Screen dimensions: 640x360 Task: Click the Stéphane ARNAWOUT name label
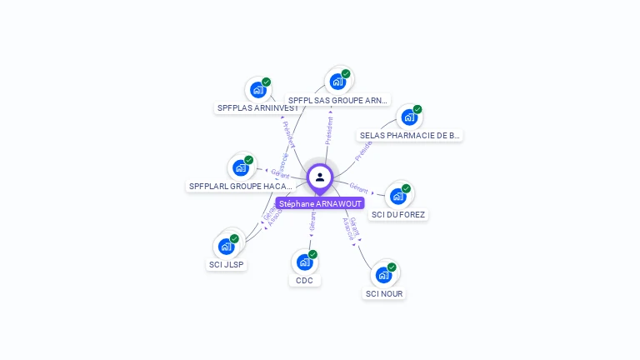pyautogui.click(x=320, y=203)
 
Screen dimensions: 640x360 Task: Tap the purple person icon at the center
pyautogui.click(x=320, y=177)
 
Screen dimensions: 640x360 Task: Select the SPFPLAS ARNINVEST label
pyautogui.click(x=257, y=108)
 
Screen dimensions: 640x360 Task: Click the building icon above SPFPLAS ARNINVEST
pyautogui.click(x=257, y=89)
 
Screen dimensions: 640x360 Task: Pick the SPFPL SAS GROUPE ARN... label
pyautogui.click(x=337, y=100)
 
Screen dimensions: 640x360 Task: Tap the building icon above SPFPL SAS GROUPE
pyautogui.click(x=337, y=81)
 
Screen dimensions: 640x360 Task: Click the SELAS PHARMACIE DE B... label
pyautogui.click(x=409, y=135)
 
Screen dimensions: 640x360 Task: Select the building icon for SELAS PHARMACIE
pyautogui.click(x=409, y=117)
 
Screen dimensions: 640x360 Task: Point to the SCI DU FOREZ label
pyautogui.click(x=398, y=214)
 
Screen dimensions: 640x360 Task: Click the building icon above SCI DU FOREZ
pyautogui.click(x=398, y=196)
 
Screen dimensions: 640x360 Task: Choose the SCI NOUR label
pyautogui.click(x=384, y=293)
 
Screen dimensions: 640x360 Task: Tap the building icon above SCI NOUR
pyautogui.click(x=384, y=274)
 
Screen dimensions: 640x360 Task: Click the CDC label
pyautogui.click(x=305, y=280)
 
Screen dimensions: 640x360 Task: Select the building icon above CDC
pyautogui.click(x=305, y=262)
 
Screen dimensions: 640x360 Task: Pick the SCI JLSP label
pyautogui.click(x=227, y=264)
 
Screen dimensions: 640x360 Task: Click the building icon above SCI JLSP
pyautogui.click(x=227, y=246)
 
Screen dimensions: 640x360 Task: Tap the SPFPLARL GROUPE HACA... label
pyautogui.click(x=241, y=187)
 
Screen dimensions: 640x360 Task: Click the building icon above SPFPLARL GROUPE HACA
pyautogui.click(x=241, y=167)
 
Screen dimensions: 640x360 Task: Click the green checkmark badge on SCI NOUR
pyautogui.click(x=392, y=267)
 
